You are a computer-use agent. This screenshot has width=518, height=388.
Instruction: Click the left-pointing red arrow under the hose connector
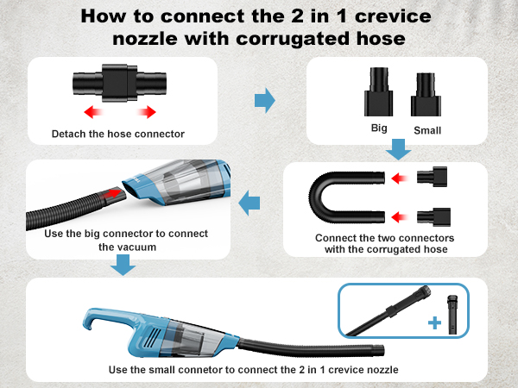(93, 112)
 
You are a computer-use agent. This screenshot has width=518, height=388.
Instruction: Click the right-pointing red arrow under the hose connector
(147, 112)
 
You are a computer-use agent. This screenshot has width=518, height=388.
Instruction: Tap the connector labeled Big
(379, 91)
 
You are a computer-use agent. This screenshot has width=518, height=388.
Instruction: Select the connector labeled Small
(426, 94)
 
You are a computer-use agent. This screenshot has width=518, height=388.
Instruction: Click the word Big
(379, 128)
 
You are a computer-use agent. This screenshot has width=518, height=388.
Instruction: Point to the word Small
(427, 130)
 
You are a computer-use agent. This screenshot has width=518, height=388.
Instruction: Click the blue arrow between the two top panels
(265, 100)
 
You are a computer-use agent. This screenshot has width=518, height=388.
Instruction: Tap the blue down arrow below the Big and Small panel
(398, 149)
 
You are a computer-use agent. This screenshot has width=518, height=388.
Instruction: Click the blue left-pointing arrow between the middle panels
(250, 203)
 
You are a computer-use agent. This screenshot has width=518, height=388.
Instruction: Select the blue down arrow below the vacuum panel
(123, 265)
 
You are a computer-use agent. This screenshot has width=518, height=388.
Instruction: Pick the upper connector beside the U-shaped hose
(433, 177)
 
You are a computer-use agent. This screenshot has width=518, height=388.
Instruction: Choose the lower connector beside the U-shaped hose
(433, 217)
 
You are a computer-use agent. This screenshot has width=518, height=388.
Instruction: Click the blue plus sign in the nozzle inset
(434, 322)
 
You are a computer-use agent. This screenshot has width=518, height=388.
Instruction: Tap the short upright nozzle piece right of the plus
(452, 315)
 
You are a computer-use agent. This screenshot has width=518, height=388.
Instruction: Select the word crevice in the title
(393, 16)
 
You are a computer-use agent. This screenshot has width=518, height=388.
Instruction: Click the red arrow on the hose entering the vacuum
(111, 193)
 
